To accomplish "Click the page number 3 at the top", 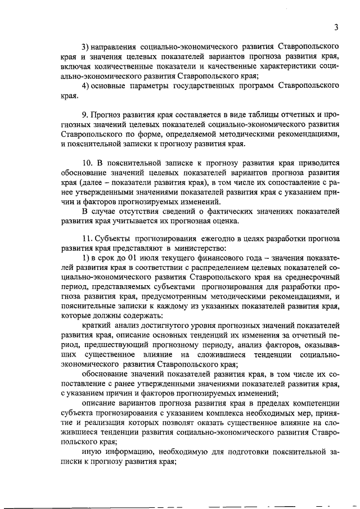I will pyautogui.click(x=336, y=27).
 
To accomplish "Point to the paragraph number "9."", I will pyautogui.click(x=86, y=116).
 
